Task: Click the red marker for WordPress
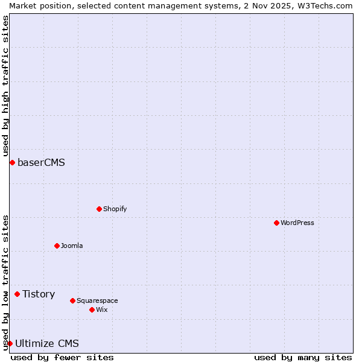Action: point(276,223)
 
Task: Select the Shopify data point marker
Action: point(99,209)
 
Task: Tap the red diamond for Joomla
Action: point(57,246)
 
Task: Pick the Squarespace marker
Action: point(72,300)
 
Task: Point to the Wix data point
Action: point(92,310)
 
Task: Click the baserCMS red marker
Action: point(12,162)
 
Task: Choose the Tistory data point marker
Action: point(17,294)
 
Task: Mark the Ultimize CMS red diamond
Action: point(10,343)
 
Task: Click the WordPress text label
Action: point(297,223)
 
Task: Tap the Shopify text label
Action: point(115,209)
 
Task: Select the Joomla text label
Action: point(72,246)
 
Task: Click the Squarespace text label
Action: point(97,300)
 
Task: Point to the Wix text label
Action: point(102,310)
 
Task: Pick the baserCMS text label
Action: point(41,162)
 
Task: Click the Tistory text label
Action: point(39,294)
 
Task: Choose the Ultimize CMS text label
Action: point(47,343)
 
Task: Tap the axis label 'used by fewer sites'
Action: point(62,357)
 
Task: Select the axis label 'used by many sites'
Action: point(303,357)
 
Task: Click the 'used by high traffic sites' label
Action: point(6,86)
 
